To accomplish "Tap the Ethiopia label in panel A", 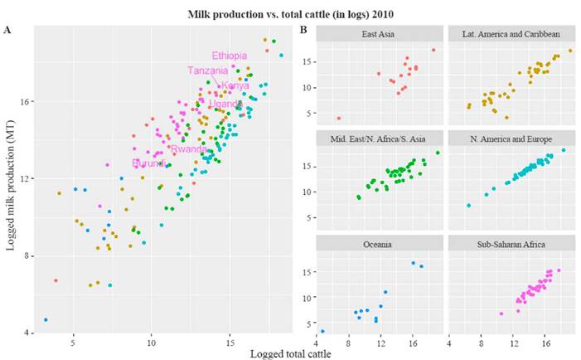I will point(229,56).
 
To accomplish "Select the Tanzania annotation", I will point(207,71).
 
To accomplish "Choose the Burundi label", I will point(148,163).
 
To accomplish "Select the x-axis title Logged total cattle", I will point(290,354).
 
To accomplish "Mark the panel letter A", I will point(7,30).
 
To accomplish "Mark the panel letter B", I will point(303,30).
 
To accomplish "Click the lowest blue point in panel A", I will point(46,319).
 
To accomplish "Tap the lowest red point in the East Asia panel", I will point(338,119).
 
